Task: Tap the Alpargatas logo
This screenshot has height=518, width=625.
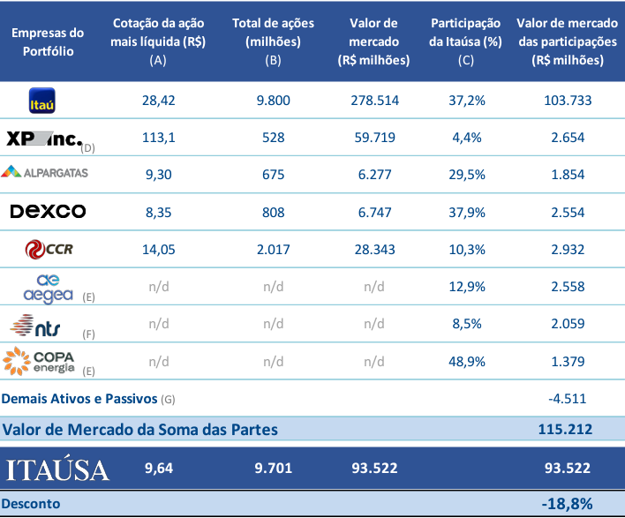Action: (x=45, y=173)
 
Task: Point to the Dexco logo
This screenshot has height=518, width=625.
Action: (x=48, y=211)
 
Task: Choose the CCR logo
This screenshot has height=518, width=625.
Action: (x=49, y=250)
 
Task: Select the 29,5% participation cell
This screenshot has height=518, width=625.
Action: (x=467, y=175)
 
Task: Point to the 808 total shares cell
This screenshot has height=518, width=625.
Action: (x=274, y=212)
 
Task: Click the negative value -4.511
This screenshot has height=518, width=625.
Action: (x=566, y=399)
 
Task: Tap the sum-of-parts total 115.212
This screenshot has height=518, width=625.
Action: (x=565, y=430)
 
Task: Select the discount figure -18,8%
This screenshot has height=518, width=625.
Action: (x=565, y=503)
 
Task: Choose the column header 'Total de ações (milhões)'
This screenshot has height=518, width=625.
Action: (x=274, y=41)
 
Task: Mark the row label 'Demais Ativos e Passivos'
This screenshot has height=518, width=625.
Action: (x=80, y=399)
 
